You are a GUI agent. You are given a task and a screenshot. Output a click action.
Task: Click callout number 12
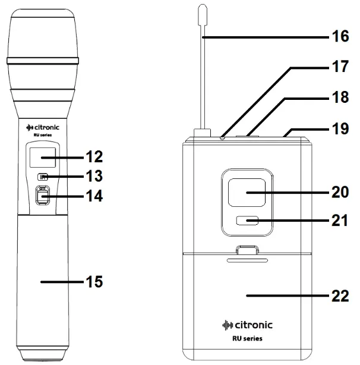93,157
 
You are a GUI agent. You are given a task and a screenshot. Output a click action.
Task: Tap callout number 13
93,176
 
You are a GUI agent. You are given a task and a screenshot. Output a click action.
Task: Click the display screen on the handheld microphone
40,158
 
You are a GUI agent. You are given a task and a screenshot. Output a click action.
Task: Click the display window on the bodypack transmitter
247,194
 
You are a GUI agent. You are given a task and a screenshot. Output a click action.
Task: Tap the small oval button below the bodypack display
247,221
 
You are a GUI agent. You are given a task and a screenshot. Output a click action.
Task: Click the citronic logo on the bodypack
247,325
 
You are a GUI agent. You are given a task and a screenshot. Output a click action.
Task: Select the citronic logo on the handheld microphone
43,127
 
